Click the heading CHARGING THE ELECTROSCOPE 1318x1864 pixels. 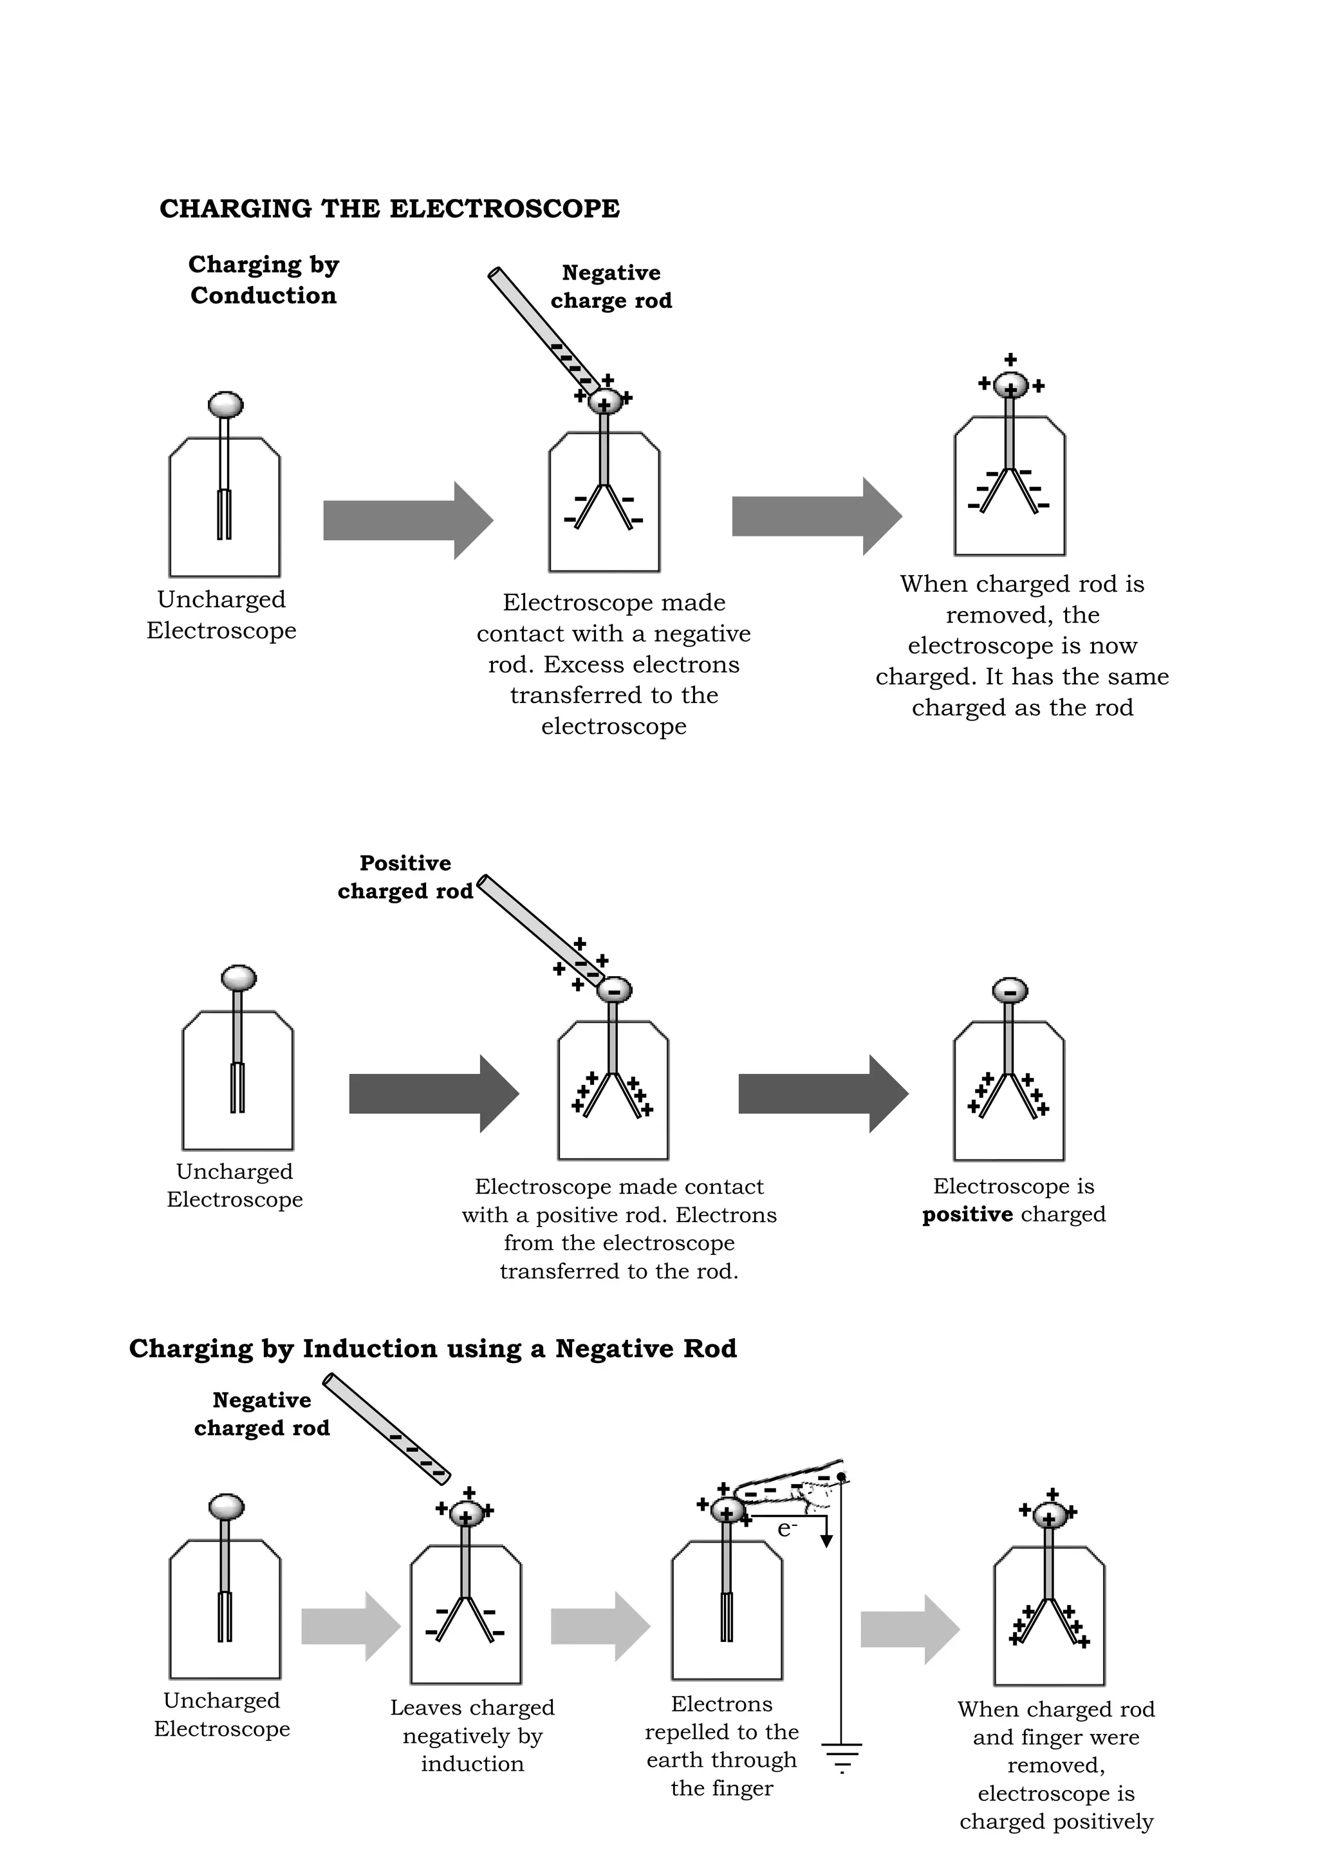pyautogui.click(x=389, y=209)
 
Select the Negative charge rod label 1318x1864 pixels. pyautogui.click(x=611, y=287)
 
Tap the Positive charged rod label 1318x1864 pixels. pyautogui.click(x=405, y=877)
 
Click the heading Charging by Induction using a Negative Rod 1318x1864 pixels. pyautogui.click(x=432, y=1348)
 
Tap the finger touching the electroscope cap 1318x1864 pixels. pyautogui.click(x=792, y=1490)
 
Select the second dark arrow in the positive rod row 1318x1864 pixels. pyautogui.click(x=822, y=1093)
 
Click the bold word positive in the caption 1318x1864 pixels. pyautogui.click(x=967, y=1214)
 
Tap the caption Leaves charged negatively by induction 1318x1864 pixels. pyautogui.click(x=472, y=1735)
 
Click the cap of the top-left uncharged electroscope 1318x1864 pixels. pyautogui.click(x=226, y=404)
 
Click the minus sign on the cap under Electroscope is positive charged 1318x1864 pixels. pyautogui.click(x=1010, y=990)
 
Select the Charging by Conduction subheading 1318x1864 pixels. pyautogui.click(x=263, y=280)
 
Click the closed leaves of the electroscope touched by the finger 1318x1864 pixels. pyautogui.click(x=727, y=1616)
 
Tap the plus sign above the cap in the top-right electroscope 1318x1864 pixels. pyautogui.click(x=1010, y=359)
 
